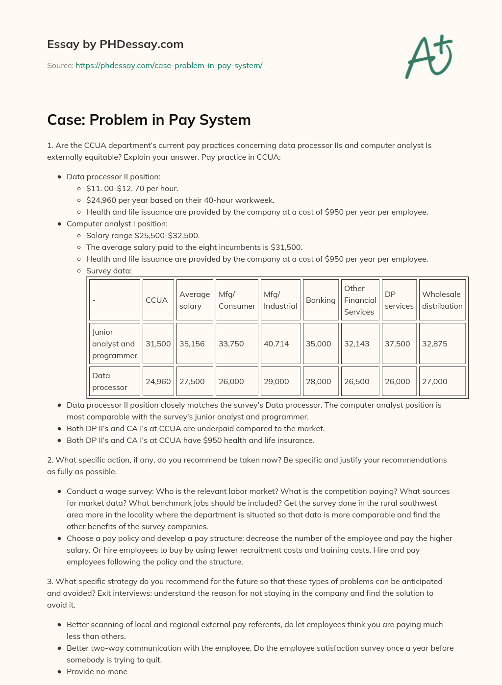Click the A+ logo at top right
click(x=429, y=56)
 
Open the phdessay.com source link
click(x=169, y=65)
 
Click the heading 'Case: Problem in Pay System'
click(x=149, y=120)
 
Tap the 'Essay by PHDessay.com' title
click(x=115, y=44)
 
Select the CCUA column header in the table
click(x=157, y=300)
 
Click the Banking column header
click(x=321, y=300)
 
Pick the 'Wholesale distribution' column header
click(x=442, y=300)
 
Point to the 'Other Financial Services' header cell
click(x=360, y=300)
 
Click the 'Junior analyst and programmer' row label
click(x=115, y=343)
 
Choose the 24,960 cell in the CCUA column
click(x=158, y=381)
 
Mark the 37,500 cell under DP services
click(x=398, y=343)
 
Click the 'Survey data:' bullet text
click(x=109, y=270)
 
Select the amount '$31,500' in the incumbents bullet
click(x=286, y=247)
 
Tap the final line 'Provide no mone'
click(x=97, y=671)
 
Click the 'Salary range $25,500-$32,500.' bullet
click(x=143, y=235)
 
